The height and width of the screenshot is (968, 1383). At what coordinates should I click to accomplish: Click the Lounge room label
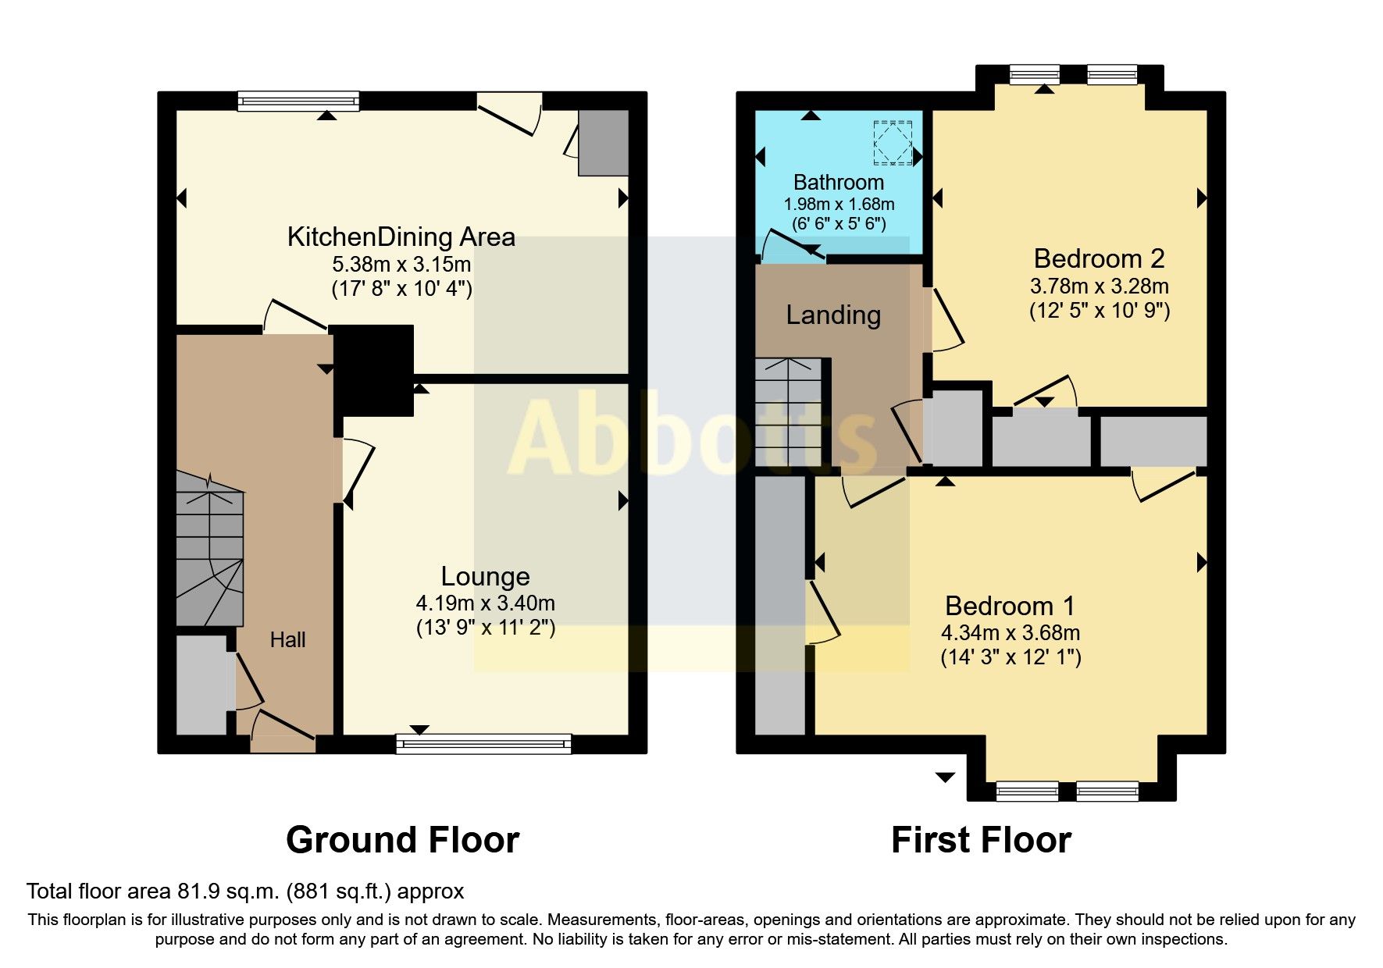[x=485, y=576]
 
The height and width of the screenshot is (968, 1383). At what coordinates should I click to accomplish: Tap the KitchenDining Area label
[x=401, y=237]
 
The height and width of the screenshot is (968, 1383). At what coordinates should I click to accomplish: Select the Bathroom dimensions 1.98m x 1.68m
[x=839, y=205]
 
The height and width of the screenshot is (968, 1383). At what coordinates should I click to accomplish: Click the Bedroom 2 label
[x=1099, y=258]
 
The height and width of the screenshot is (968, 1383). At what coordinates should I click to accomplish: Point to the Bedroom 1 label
[x=1010, y=606]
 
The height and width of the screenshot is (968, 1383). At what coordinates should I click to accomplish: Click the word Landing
[x=833, y=315]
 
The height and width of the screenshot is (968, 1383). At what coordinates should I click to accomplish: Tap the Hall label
[x=287, y=640]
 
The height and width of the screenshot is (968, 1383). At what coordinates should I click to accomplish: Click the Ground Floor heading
[x=402, y=840]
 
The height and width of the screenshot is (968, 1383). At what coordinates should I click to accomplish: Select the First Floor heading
[x=981, y=840]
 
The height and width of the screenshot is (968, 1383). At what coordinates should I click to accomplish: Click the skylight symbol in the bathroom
[x=893, y=143]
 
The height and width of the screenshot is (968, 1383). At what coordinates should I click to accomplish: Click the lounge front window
[x=483, y=743]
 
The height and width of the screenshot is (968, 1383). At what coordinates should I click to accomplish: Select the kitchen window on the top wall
[x=298, y=101]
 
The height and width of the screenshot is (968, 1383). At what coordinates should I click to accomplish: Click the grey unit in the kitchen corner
[x=603, y=142]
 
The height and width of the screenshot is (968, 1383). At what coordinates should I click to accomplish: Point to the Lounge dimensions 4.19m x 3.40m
[x=485, y=603]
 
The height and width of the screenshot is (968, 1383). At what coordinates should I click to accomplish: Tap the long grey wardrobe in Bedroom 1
[x=779, y=605]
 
